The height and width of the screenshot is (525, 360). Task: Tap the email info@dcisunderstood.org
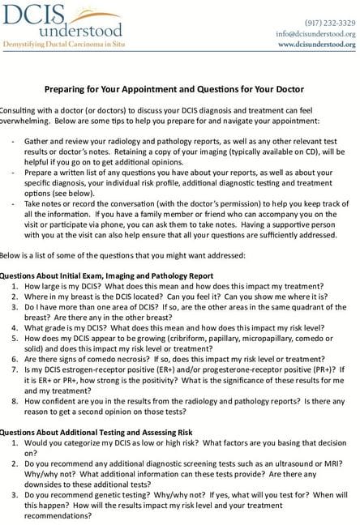(315, 34)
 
